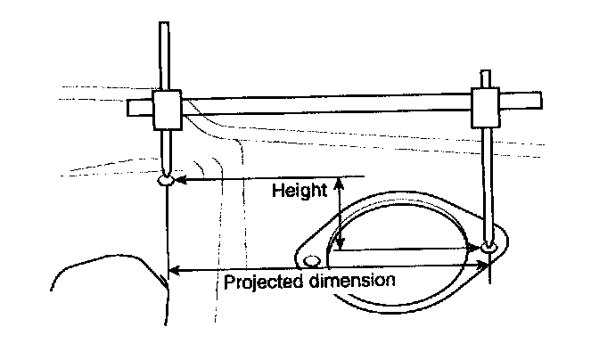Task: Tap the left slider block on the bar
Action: pyautogui.click(x=167, y=110)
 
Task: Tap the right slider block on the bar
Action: pyautogui.click(x=485, y=107)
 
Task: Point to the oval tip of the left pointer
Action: pyautogui.click(x=167, y=181)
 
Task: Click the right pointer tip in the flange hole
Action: pyautogui.click(x=488, y=246)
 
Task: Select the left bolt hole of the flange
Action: pyautogui.click(x=311, y=260)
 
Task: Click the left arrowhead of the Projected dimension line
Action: pyautogui.click(x=175, y=269)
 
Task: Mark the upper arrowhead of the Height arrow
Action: pyautogui.click(x=338, y=185)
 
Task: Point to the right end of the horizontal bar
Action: pyautogui.click(x=539, y=96)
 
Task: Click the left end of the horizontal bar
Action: pyautogui.click(x=131, y=108)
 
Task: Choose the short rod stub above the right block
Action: pyautogui.click(x=485, y=78)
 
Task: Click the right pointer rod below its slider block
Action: pyautogui.click(x=488, y=178)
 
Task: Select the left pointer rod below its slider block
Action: pyautogui.click(x=166, y=149)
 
